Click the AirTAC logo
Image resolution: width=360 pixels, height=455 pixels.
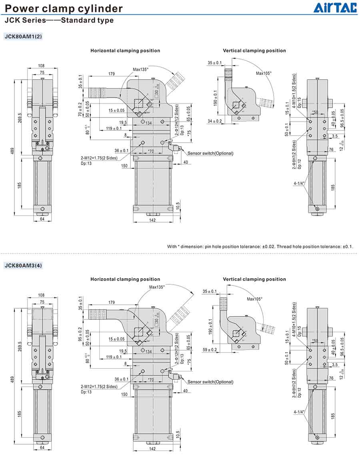click(x=335, y=8)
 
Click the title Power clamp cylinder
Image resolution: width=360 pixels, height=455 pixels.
click(x=64, y=8)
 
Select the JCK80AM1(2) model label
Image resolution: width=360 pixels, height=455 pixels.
click(x=23, y=36)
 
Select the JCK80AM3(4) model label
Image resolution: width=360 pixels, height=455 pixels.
click(x=23, y=265)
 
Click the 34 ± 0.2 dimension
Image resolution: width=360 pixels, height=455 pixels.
click(x=215, y=121)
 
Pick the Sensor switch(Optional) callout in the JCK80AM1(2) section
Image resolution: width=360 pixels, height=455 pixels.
click(x=210, y=153)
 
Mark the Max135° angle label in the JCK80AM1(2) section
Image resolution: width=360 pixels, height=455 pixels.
click(x=140, y=69)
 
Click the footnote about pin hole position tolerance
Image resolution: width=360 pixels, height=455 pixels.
click(x=260, y=246)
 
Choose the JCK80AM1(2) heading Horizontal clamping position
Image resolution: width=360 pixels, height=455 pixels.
click(x=125, y=51)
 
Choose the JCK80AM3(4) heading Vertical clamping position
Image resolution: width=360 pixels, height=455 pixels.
click(x=254, y=279)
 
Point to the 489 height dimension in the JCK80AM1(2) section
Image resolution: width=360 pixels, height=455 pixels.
click(x=12, y=152)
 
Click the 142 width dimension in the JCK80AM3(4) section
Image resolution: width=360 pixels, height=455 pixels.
click(x=152, y=449)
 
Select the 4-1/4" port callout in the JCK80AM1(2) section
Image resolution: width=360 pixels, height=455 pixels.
click(x=299, y=184)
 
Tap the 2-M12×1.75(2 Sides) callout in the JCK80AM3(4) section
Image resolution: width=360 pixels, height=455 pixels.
click(x=99, y=387)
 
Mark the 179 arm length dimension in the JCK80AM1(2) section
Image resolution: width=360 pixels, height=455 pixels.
click(x=112, y=74)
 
